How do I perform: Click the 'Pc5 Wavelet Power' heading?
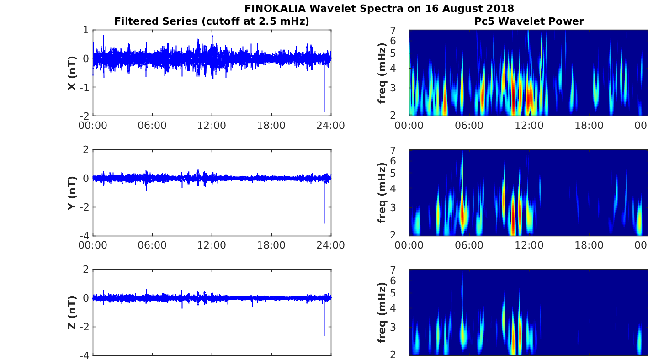point(529,21)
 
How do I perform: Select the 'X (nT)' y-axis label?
point(72,73)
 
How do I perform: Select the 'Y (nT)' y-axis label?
point(72,193)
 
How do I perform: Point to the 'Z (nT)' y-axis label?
point(72,312)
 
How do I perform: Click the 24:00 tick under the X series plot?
point(331,125)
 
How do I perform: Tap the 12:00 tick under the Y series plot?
point(212,245)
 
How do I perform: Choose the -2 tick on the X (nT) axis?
point(85,116)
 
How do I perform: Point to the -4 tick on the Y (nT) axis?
point(85,236)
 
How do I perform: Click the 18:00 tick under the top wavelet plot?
point(589,125)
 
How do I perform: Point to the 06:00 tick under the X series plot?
point(152,125)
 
